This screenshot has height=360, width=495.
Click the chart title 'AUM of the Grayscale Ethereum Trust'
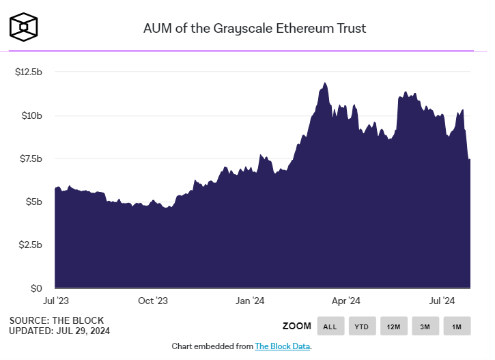[x=254, y=28]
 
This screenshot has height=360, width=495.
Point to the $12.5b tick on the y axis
[x=29, y=72]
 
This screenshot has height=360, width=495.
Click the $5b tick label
[x=35, y=202]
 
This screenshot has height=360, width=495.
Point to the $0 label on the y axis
[x=37, y=288]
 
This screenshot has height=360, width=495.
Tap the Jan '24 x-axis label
[x=251, y=301]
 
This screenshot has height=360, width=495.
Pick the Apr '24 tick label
[x=346, y=301]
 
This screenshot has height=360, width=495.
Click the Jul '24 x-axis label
[x=443, y=301]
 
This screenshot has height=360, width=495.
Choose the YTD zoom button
[x=361, y=327]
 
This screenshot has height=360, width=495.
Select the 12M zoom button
[x=393, y=327]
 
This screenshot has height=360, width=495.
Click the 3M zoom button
[x=425, y=327]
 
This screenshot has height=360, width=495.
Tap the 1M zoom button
[x=457, y=327]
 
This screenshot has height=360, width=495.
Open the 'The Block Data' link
[x=283, y=346]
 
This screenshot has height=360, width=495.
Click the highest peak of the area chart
[x=325, y=83]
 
